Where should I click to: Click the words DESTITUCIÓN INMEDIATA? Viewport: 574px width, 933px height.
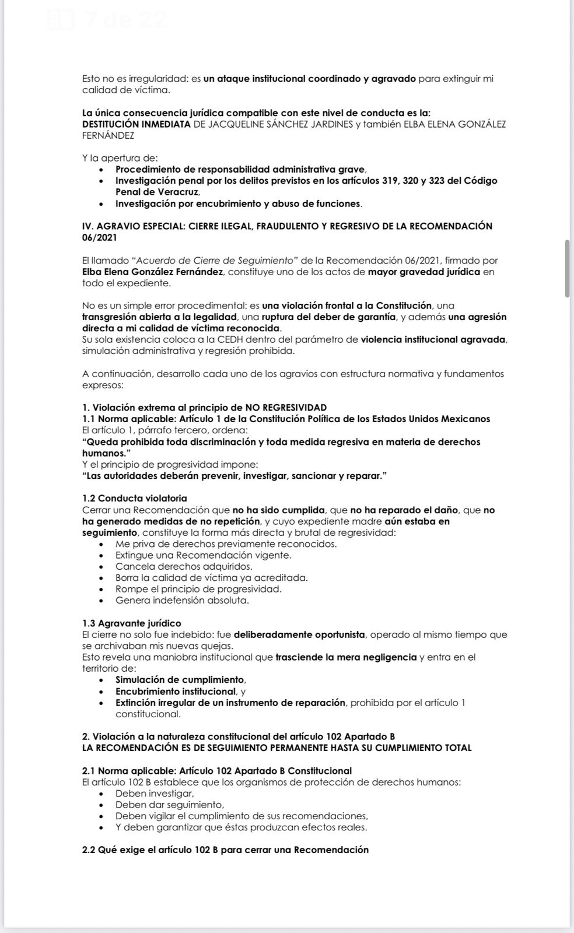point(136,124)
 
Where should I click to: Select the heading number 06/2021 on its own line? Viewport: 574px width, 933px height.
point(99,237)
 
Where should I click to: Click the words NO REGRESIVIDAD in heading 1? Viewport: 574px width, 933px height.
point(285,408)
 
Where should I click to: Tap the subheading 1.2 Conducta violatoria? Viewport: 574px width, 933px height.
point(135,498)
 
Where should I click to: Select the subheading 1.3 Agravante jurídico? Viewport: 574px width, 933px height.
point(132,623)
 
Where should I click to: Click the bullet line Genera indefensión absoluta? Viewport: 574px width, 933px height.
point(182,600)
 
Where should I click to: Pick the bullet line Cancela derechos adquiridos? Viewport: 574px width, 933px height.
point(184,566)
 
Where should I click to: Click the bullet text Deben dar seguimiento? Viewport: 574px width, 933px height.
point(161,805)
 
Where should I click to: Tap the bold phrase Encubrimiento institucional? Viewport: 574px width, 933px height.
point(175,691)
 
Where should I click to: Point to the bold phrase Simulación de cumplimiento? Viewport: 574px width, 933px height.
point(180,680)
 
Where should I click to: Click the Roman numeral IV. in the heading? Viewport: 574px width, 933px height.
point(88,226)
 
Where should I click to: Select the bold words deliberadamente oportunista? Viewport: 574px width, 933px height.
point(299,634)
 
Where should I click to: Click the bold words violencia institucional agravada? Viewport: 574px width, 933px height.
point(433,339)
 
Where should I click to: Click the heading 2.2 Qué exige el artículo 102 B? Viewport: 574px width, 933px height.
point(225,850)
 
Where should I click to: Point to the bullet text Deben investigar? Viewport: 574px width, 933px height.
point(154,794)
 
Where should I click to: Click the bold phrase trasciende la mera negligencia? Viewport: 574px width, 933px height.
point(346,657)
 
